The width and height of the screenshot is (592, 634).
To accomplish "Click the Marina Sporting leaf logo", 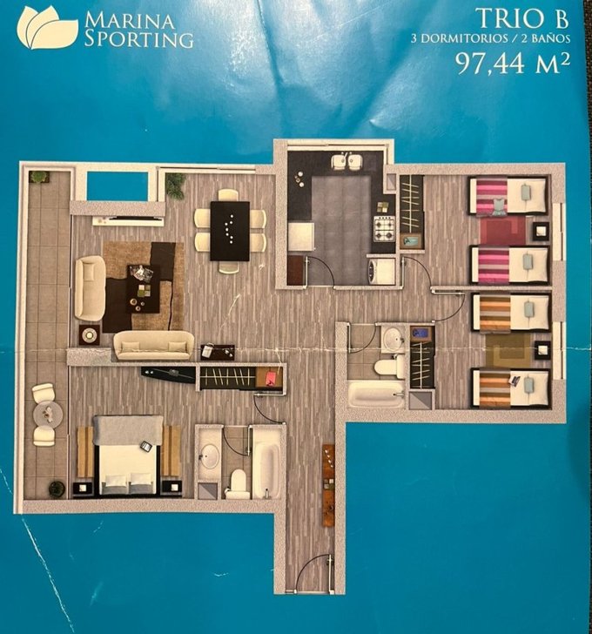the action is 47,27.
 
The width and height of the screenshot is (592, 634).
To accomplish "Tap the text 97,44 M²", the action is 513,64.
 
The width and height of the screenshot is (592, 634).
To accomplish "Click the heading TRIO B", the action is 523,19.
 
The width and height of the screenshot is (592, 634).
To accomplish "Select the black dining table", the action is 230,231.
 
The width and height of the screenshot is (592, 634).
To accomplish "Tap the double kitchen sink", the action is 346,163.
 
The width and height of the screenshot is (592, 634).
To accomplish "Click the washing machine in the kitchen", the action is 380,272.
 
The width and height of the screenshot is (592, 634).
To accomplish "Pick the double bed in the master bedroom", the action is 129,455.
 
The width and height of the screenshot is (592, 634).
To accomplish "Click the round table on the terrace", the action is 48,414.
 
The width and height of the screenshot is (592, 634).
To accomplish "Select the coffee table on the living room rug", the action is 142,288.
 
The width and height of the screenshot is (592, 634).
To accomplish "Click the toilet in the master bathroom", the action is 237,483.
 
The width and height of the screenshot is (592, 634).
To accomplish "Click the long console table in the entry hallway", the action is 328,485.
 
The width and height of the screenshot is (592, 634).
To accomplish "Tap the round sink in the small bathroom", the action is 392,335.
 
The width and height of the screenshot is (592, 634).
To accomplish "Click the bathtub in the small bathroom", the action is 376,394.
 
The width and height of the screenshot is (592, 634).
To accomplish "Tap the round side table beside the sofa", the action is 90,334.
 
